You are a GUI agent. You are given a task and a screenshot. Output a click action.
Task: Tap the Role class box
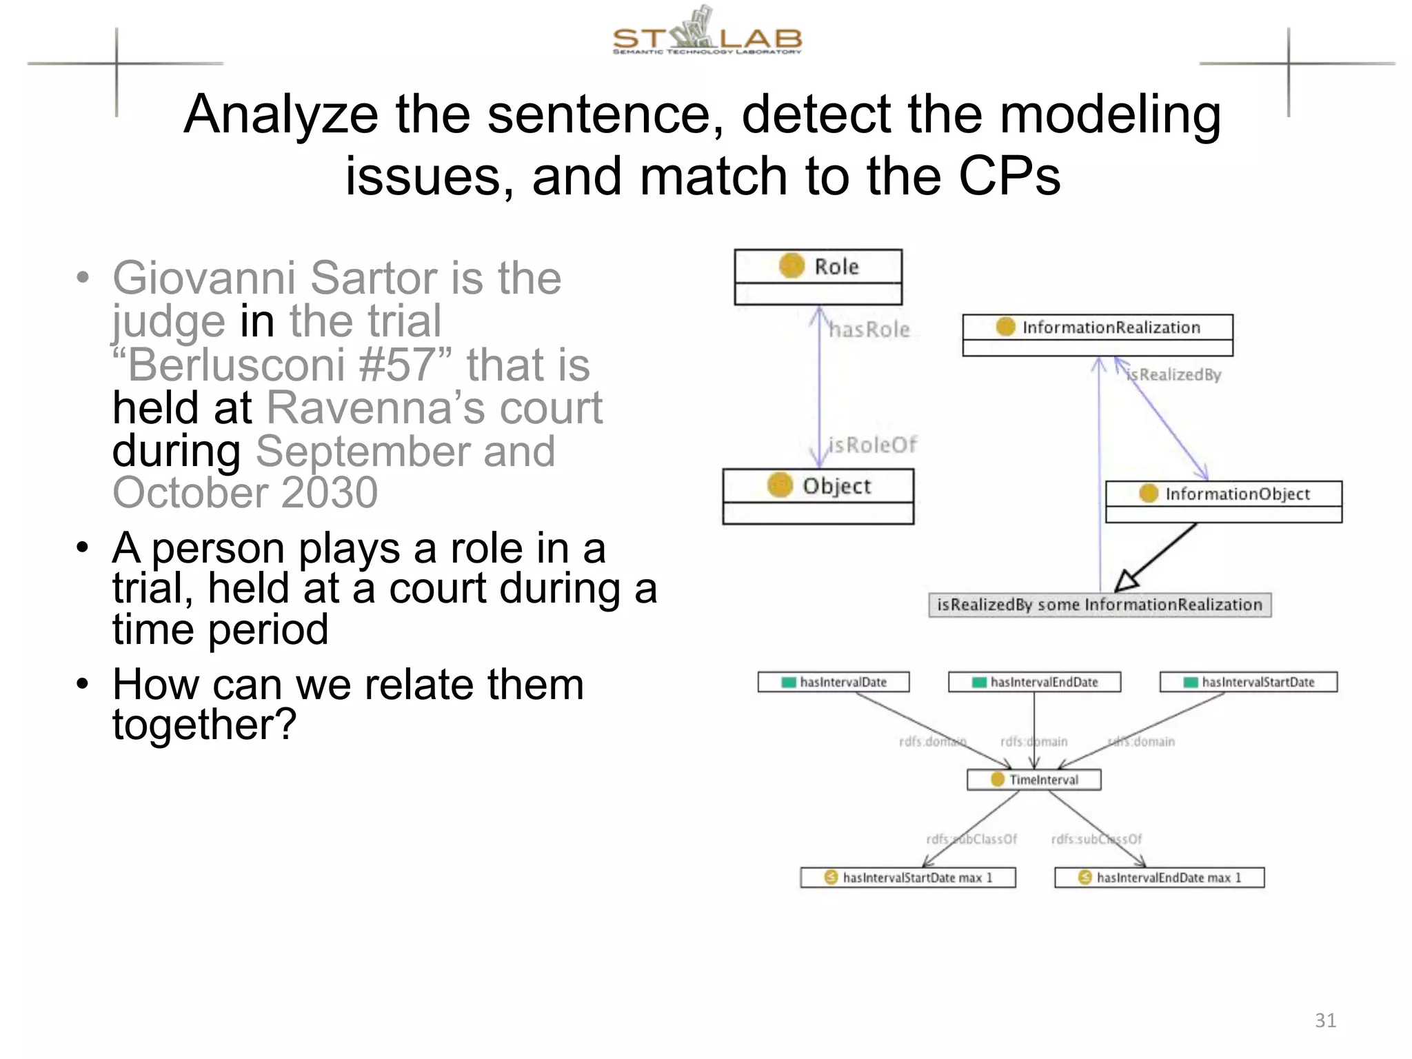(x=818, y=276)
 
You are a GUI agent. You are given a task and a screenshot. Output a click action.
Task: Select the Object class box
(x=818, y=495)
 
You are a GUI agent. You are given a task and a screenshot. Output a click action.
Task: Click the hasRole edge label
(x=869, y=330)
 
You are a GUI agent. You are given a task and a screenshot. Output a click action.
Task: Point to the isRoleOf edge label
(x=872, y=445)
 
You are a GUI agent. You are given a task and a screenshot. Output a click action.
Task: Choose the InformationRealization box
(x=1098, y=334)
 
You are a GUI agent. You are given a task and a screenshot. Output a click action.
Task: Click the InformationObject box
(x=1224, y=501)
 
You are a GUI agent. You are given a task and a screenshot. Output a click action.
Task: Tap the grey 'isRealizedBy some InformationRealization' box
(x=1100, y=605)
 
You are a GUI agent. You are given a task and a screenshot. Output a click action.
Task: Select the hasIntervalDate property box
(x=834, y=682)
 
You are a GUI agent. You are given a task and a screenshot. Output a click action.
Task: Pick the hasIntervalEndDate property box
(x=1034, y=682)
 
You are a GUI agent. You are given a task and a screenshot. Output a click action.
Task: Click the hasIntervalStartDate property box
(x=1249, y=682)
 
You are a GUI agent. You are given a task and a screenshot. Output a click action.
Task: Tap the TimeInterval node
(x=1034, y=780)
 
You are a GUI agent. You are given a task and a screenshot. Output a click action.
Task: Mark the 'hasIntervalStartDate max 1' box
(x=908, y=878)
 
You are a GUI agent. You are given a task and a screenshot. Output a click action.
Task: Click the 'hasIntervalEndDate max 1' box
(x=1160, y=878)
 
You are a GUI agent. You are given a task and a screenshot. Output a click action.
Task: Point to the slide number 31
(x=1325, y=1020)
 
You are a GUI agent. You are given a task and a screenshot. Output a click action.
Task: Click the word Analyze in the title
(x=281, y=115)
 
